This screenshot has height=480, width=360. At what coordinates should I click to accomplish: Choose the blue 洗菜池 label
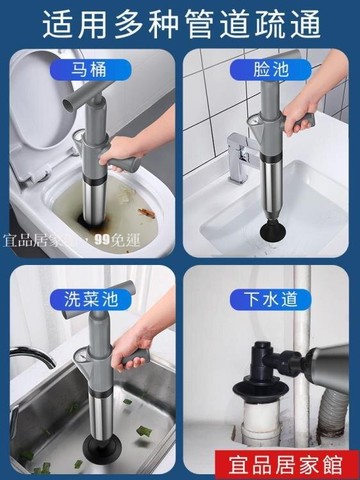[90, 297]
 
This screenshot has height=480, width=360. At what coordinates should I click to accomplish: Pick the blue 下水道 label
[267, 297]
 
